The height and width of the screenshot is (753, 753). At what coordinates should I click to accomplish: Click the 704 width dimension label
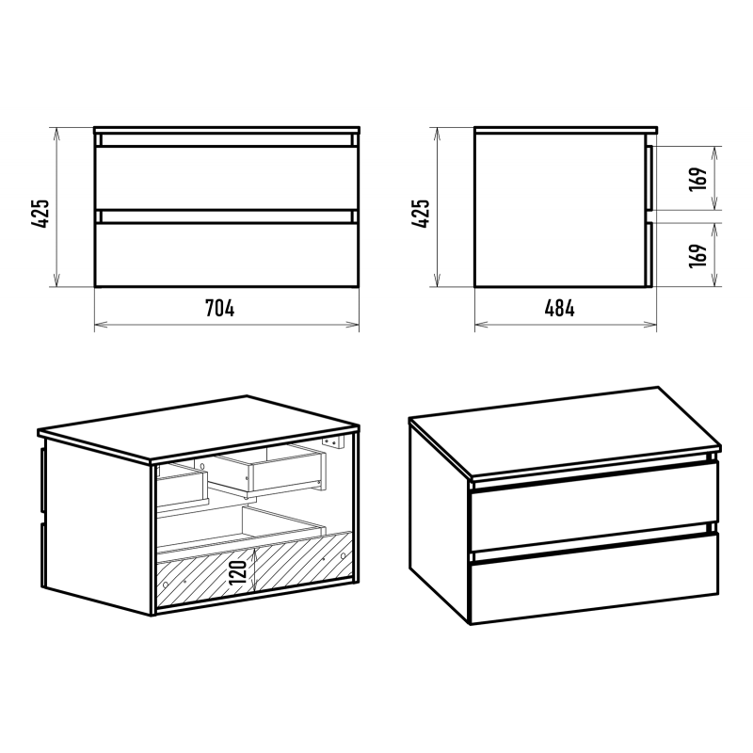220,309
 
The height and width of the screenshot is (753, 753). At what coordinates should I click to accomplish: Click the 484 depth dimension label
559,309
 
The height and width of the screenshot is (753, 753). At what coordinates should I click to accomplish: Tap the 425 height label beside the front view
40,214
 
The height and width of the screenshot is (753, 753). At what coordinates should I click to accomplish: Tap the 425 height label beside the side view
421,214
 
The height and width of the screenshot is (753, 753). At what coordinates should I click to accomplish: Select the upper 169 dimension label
698,179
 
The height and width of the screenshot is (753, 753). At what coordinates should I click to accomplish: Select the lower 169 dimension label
698,255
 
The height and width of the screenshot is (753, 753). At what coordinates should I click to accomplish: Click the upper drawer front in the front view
227,178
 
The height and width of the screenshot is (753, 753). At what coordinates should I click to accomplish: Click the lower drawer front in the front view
227,255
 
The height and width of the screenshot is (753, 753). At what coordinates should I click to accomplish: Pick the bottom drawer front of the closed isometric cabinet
595,579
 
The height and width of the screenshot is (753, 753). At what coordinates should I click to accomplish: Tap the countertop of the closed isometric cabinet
564,432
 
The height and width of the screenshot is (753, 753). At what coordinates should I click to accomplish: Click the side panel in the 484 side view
560,210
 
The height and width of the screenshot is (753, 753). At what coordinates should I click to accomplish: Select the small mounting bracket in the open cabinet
334,441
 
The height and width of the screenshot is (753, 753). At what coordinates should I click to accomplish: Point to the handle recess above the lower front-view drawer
227,216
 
